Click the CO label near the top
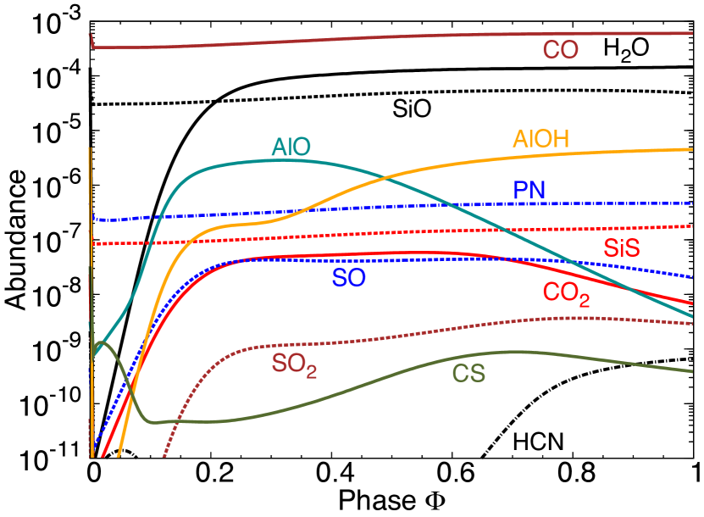click(560, 51)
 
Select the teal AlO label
click(291, 147)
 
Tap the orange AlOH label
click(540, 140)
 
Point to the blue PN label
click(529, 191)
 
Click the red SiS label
click(621, 249)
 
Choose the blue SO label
click(349, 277)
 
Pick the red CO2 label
click(566, 293)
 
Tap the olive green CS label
click(468, 374)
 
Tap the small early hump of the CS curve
click(103, 342)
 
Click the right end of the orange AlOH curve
click(692, 149)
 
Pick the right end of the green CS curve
click(692, 371)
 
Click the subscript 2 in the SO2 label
click(312, 373)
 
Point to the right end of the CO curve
click(692, 33)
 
